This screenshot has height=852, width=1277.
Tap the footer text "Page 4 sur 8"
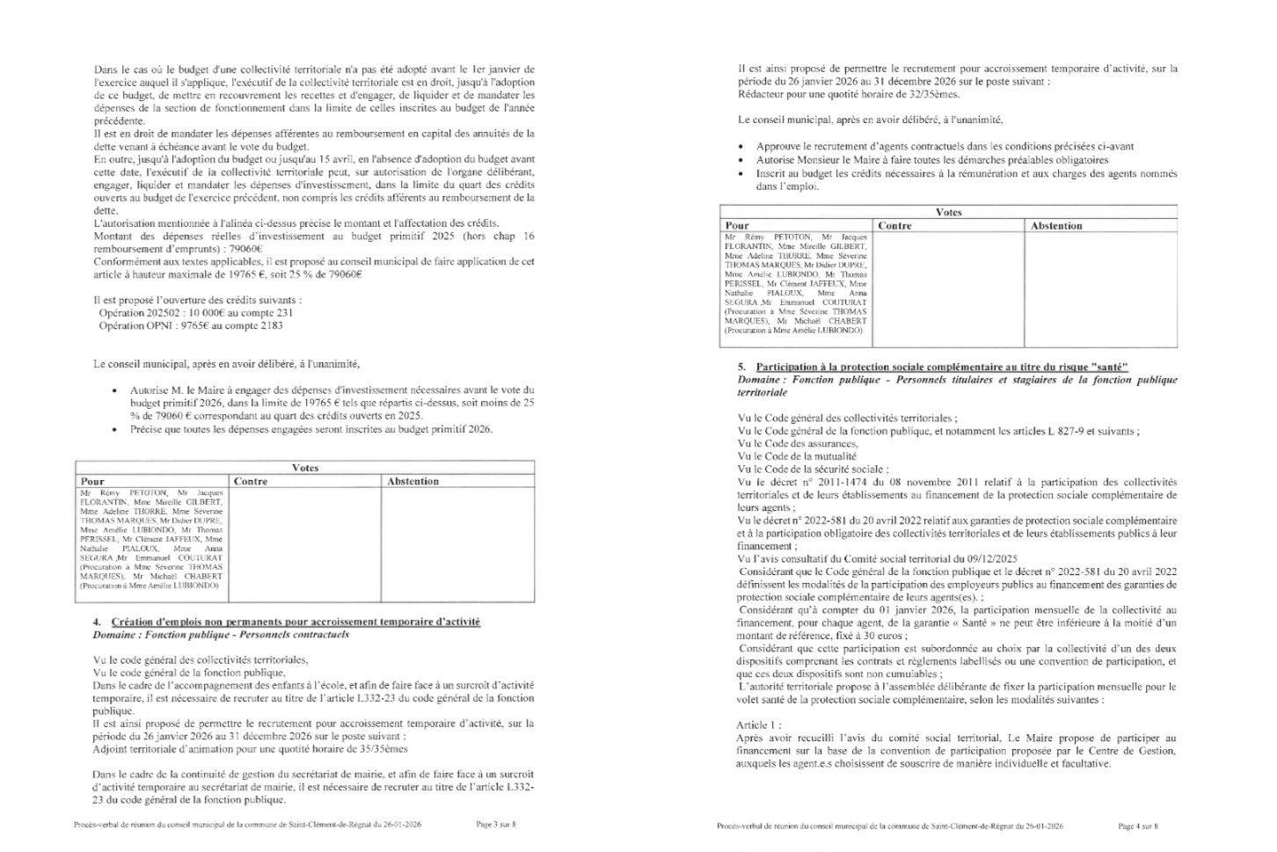(x=1138, y=827)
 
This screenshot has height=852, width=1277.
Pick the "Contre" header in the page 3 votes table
(x=251, y=481)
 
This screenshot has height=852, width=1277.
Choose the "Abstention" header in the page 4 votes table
(x=1056, y=226)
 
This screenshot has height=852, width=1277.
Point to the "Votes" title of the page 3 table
(x=304, y=468)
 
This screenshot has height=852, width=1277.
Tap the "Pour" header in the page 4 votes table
(x=737, y=226)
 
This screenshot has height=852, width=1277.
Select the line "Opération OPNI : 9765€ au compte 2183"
(x=190, y=325)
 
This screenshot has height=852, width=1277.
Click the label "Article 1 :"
(x=759, y=725)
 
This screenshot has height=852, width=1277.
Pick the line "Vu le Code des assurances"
(x=799, y=444)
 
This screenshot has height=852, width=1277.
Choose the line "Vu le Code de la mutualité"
(x=797, y=456)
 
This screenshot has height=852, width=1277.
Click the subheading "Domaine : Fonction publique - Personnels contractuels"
(x=221, y=634)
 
